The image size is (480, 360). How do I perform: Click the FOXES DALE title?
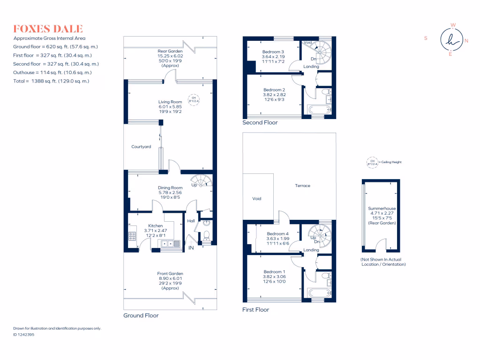click(48, 29)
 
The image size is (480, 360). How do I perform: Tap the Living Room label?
click(170, 102)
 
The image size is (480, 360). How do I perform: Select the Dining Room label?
click(170, 187)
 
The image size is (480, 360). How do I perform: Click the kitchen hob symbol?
click(132, 237)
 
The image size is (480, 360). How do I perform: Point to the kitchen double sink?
click(169, 243)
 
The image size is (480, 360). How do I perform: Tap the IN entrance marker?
click(191, 247)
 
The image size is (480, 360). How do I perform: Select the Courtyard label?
click(141, 147)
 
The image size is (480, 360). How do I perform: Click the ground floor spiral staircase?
click(202, 181)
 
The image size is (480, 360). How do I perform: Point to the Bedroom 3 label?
click(273, 52)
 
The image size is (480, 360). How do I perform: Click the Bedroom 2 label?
click(274, 90)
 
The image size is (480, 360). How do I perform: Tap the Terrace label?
click(302, 186)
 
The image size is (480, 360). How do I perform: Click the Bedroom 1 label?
click(274, 272)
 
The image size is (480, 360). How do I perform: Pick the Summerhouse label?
click(382, 208)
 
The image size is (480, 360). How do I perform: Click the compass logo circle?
click(451, 39)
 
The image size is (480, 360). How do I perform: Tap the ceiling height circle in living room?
click(194, 99)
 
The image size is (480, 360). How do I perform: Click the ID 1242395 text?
click(24, 335)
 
